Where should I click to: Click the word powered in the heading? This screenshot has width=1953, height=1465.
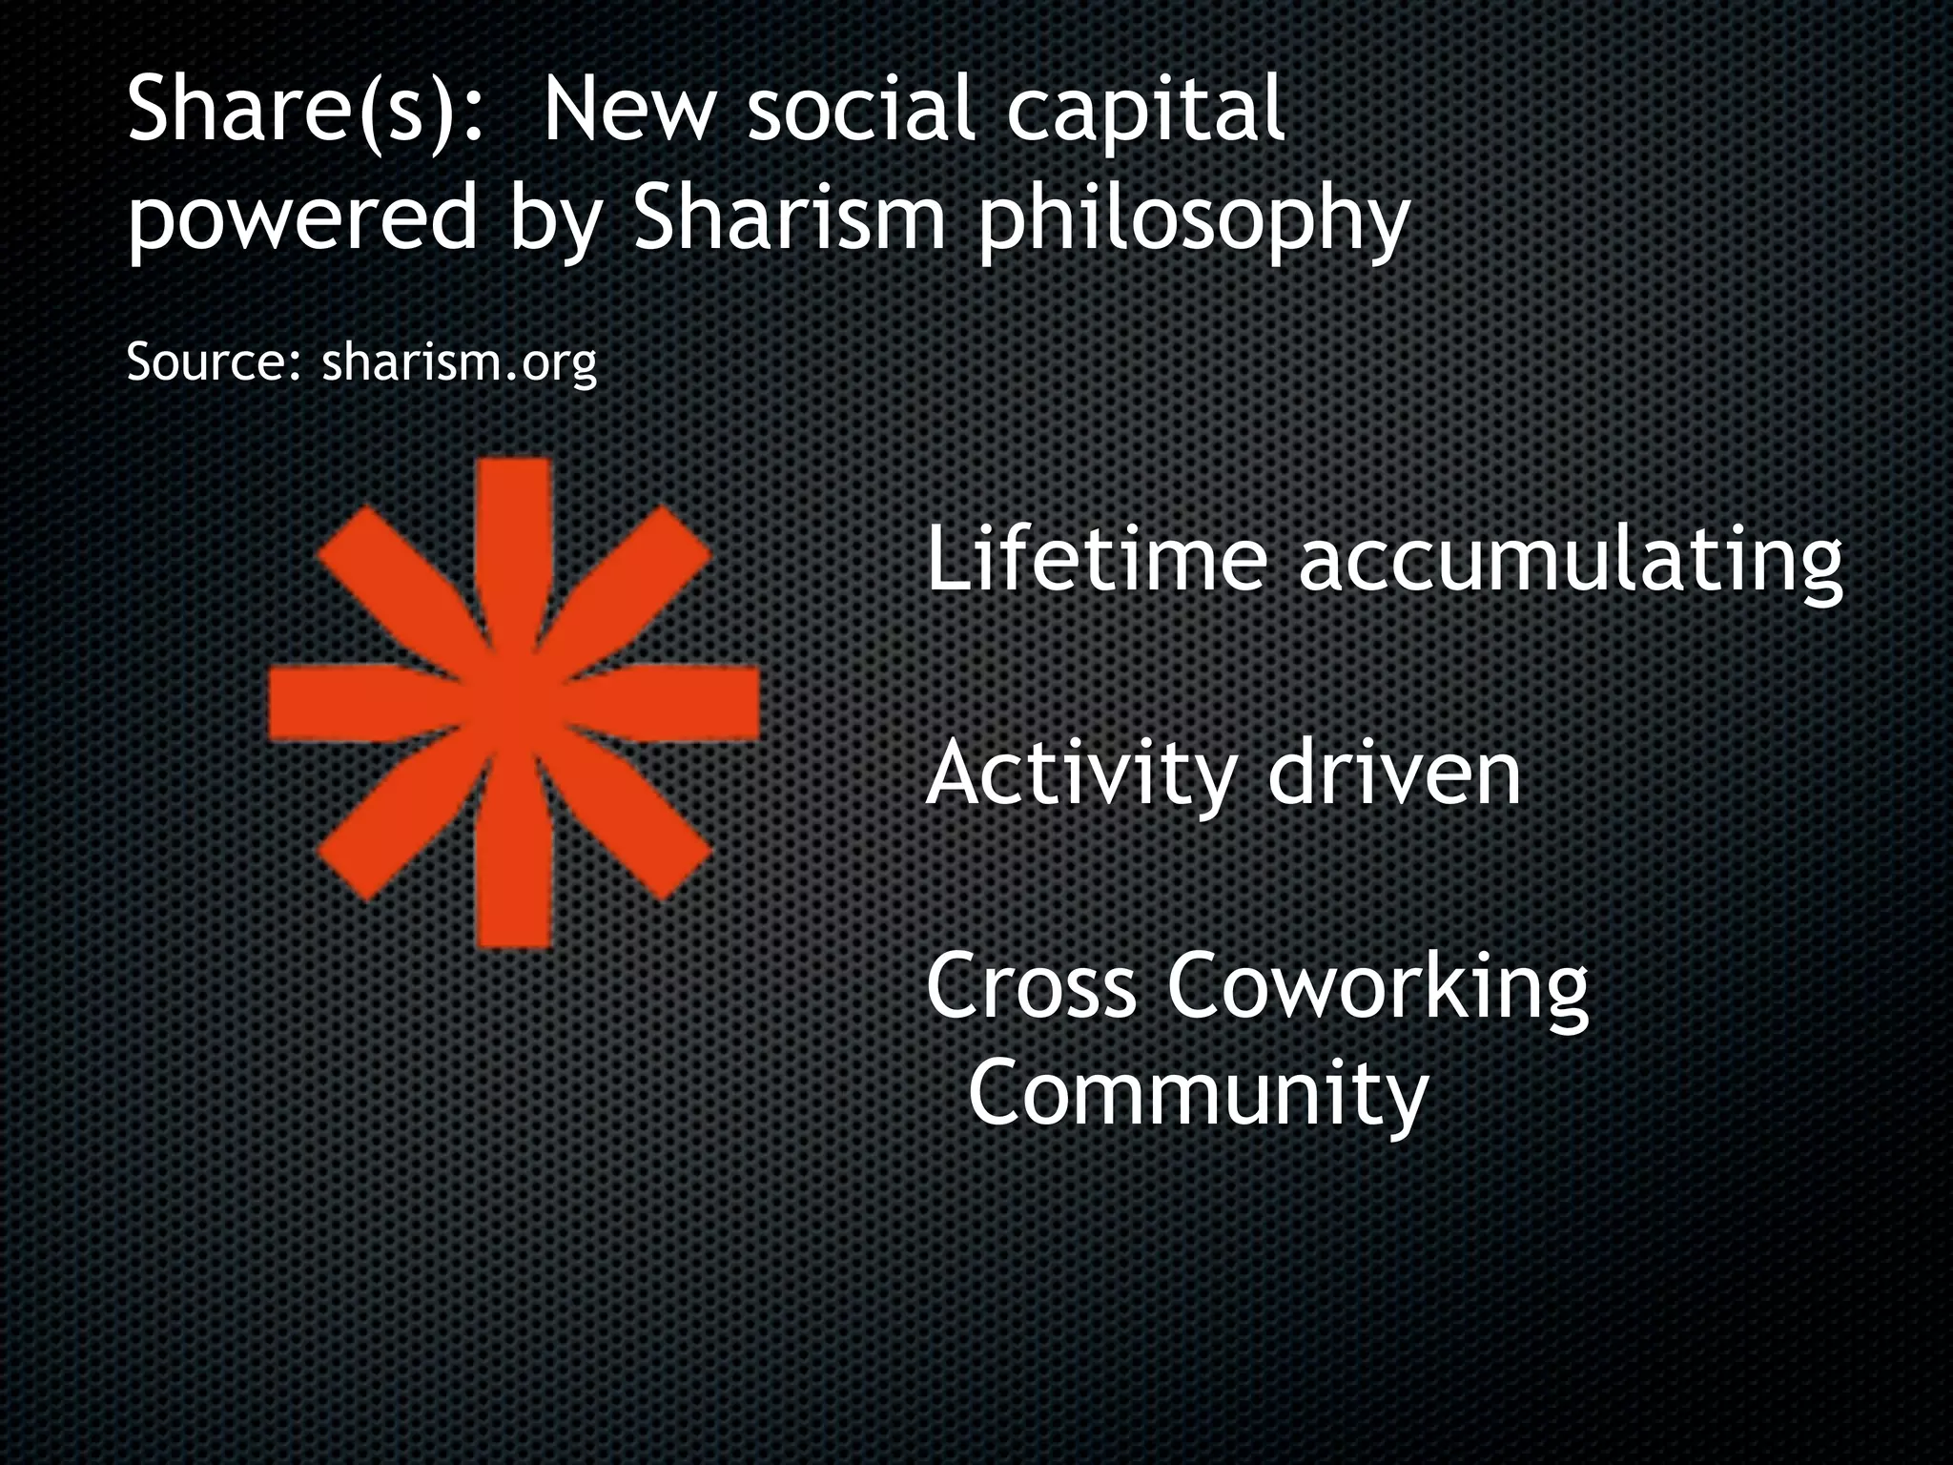point(302,219)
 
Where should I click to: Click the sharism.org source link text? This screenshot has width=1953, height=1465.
point(460,362)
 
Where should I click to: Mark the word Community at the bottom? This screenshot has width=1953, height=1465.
point(1198,1093)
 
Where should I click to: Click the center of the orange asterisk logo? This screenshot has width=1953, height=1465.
point(514,704)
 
